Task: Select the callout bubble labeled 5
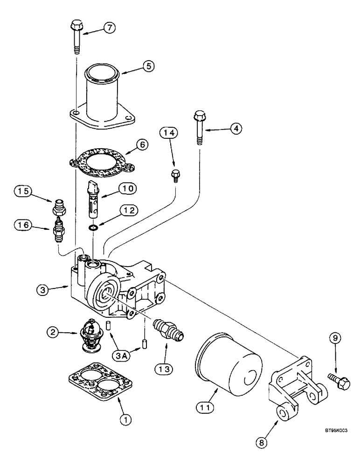[148, 66]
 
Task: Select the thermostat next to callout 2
[93, 333]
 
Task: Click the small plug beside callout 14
[174, 175]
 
